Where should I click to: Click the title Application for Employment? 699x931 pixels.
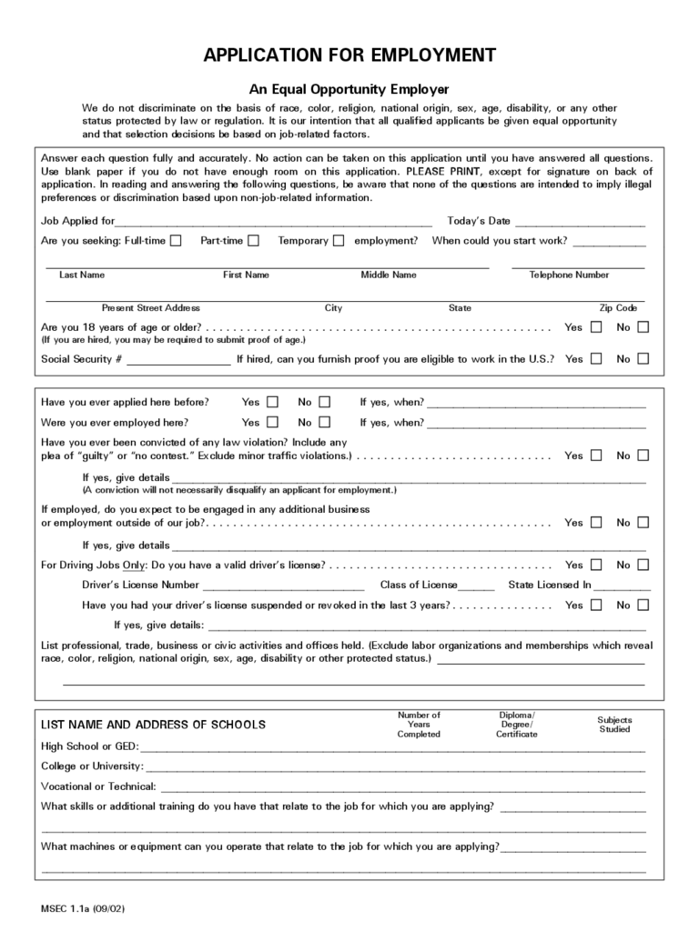pyautogui.click(x=349, y=55)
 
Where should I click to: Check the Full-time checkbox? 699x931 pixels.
pyautogui.click(x=176, y=241)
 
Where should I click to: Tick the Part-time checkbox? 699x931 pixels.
pyautogui.click(x=254, y=241)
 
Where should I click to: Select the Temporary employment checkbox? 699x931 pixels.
pyautogui.click(x=339, y=241)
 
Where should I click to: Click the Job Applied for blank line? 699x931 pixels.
pyautogui.click(x=273, y=222)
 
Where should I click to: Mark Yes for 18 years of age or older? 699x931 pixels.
pyautogui.click(x=596, y=327)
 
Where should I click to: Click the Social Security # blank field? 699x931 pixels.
pyautogui.click(x=178, y=360)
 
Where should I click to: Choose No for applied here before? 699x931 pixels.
pyautogui.click(x=325, y=402)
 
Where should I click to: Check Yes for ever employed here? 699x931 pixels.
pyautogui.click(x=272, y=423)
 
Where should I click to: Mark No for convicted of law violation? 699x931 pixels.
pyautogui.click(x=643, y=455)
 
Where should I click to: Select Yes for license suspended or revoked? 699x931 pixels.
pyautogui.click(x=596, y=606)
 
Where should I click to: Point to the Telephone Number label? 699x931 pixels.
pyautogui.click(x=569, y=275)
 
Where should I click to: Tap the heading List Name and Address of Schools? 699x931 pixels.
pyautogui.click(x=154, y=725)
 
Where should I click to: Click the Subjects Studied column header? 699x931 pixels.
pyautogui.click(x=614, y=725)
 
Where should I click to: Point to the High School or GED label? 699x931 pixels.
pyautogui.click(x=89, y=746)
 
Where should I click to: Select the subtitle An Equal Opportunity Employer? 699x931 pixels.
pyautogui.click(x=349, y=89)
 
